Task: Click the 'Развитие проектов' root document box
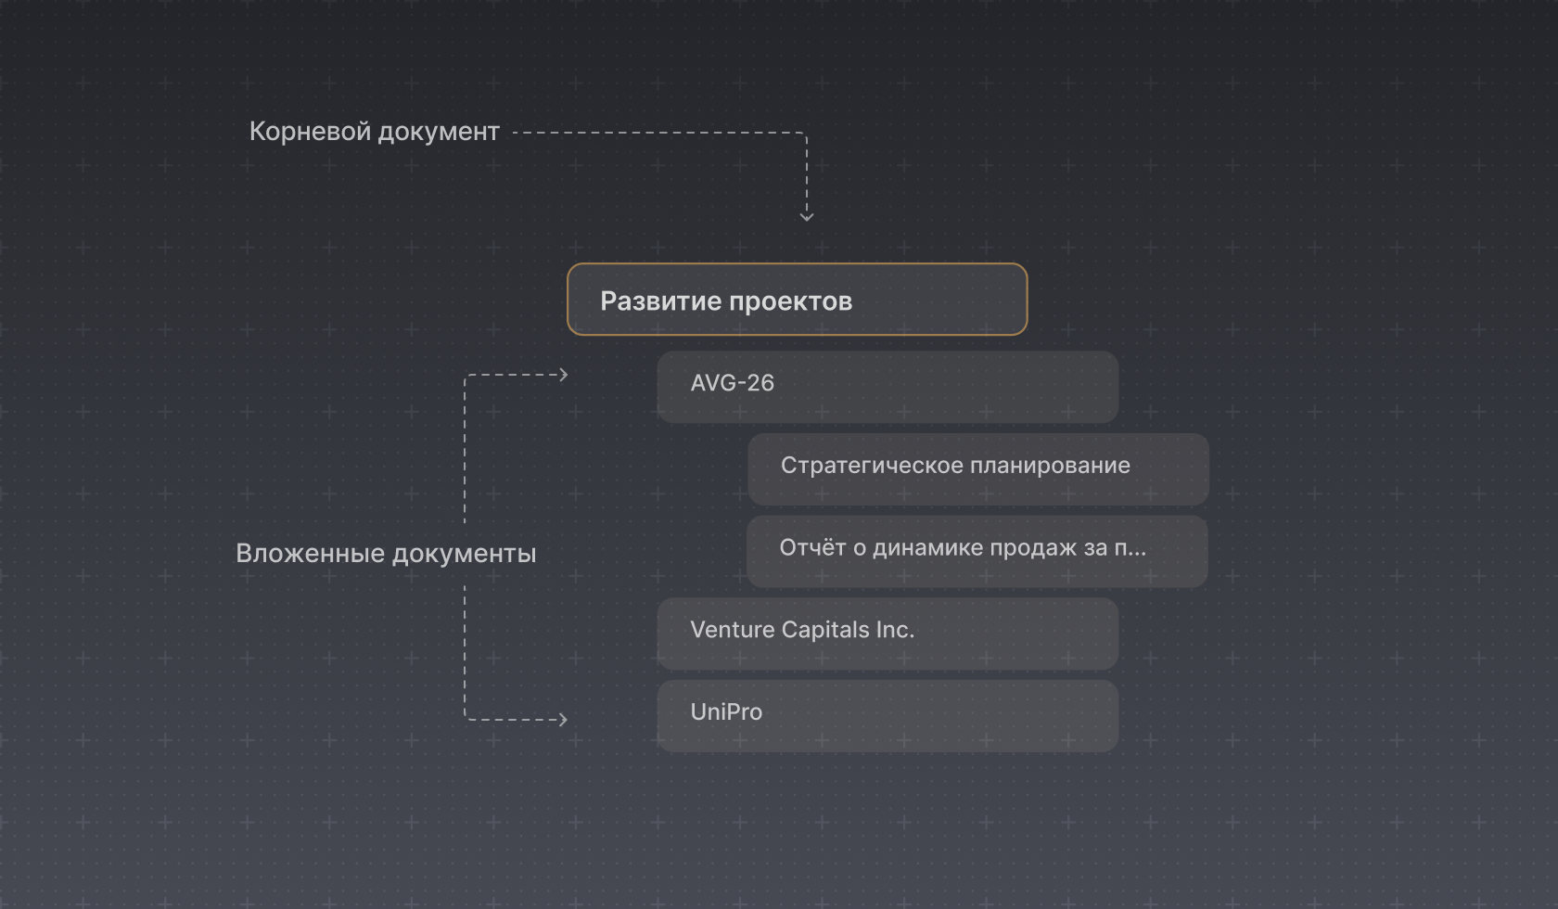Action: pos(798,300)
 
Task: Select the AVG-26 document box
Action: pos(888,387)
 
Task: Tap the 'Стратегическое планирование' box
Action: pos(977,468)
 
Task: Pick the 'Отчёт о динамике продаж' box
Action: pos(977,552)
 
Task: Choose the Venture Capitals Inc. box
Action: pos(888,634)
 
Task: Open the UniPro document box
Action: pos(888,716)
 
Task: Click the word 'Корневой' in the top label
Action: pos(310,132)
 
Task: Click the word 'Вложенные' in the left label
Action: pos(310,554)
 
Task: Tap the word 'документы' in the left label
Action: pos(465,555)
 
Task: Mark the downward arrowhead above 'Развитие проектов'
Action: pos(807,217)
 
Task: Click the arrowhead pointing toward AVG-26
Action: pos(564,375)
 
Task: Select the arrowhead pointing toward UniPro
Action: pos(564,720)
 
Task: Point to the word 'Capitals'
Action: pos(825,630)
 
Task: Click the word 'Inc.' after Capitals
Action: pos(896,630)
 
